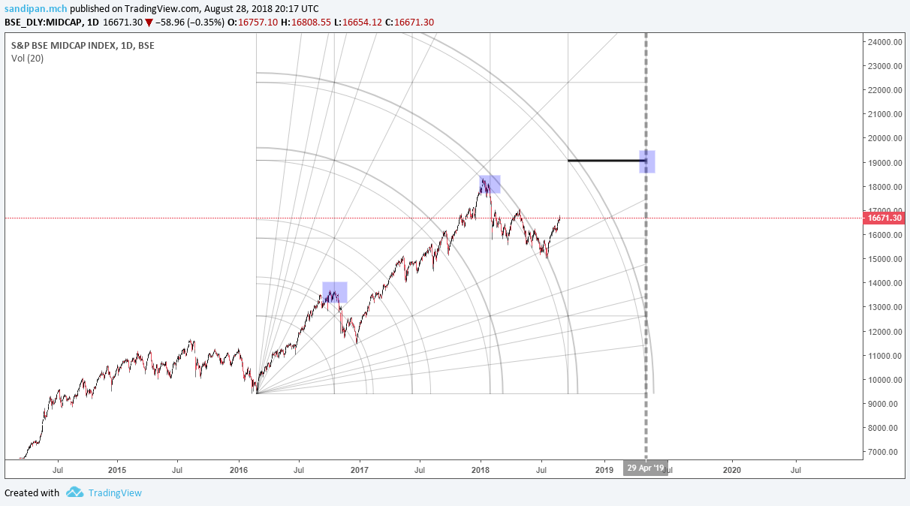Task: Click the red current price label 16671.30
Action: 884,218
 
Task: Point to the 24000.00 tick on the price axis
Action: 884,42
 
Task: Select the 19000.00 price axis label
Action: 884,163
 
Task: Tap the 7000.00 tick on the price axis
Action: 884,452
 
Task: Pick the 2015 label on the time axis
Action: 117,470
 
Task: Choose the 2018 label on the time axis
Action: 481,470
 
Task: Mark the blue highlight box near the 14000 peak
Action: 335,292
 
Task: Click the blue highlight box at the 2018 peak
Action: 490,184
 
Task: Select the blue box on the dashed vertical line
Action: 647,161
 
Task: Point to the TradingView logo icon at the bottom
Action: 74,492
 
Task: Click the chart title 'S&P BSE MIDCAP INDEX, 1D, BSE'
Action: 82,45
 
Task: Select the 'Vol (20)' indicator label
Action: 27,59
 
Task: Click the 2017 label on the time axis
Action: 360,470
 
